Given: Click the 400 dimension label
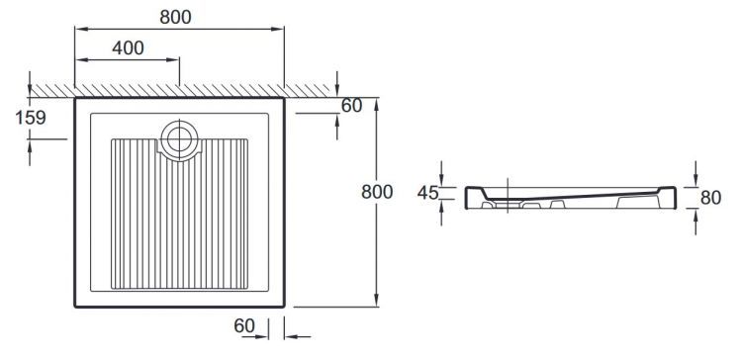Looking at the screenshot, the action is (x=129, y=47).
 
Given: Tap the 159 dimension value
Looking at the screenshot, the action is (x=31, y=118).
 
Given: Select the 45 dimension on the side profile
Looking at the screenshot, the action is (x=427, y=193).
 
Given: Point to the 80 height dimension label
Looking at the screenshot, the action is (x=710, y=198).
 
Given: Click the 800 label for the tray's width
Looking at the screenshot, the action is (x=175, y=17).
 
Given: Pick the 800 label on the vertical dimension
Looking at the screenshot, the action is (x=377, y=192).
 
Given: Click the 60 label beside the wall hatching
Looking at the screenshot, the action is (x=351, y=106).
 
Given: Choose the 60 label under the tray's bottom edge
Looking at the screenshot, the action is (x=244, y=325).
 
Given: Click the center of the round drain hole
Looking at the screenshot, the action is (x=179, y=139).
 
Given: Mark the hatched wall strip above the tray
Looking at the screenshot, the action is (x=180, y=91).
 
